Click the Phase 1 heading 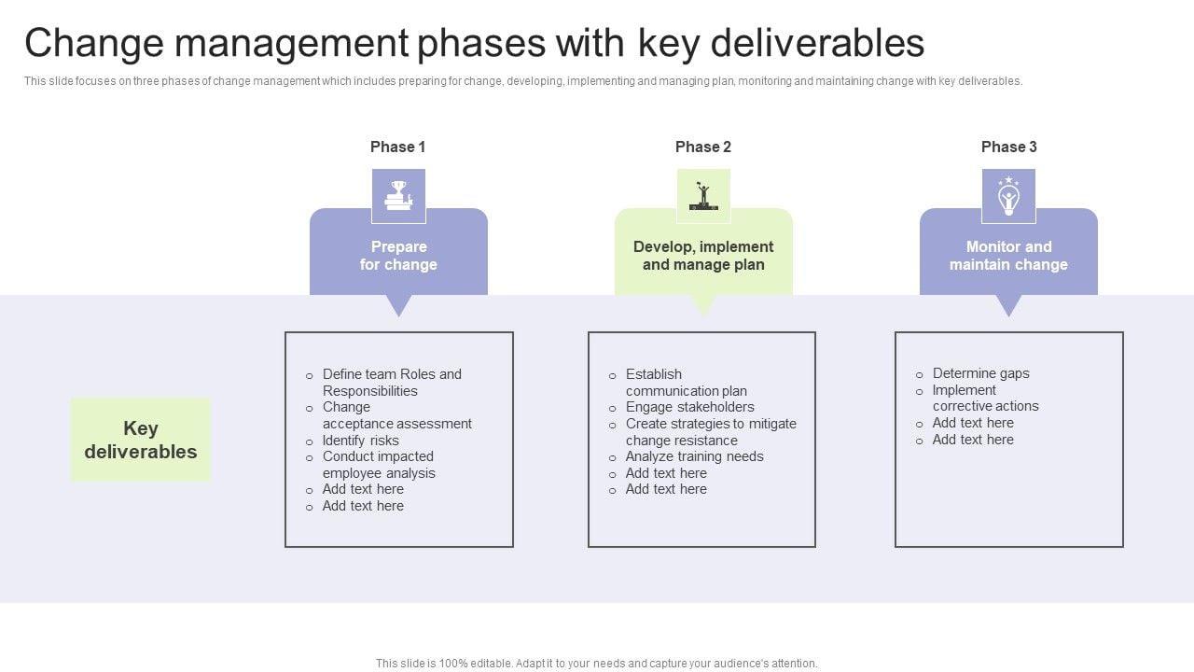(397, 147)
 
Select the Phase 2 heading (702, 147)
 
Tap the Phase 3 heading (1008, 147)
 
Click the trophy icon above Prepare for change (398, 196)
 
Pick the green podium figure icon (703, 196)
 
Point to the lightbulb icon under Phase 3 (1008, 196)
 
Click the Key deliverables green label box (141, 440)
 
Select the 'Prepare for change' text (398, 256)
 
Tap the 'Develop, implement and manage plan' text (703, 256)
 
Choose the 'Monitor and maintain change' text (1008, 256)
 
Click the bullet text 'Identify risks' (360, 441)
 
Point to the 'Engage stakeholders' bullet (689, 407)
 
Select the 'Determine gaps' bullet (980, 373)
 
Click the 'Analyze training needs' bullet (694, 456)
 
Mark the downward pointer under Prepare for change (398, 305)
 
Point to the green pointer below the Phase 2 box (703, 305)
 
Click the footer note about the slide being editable (597, 664)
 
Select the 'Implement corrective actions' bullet (985, 399)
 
